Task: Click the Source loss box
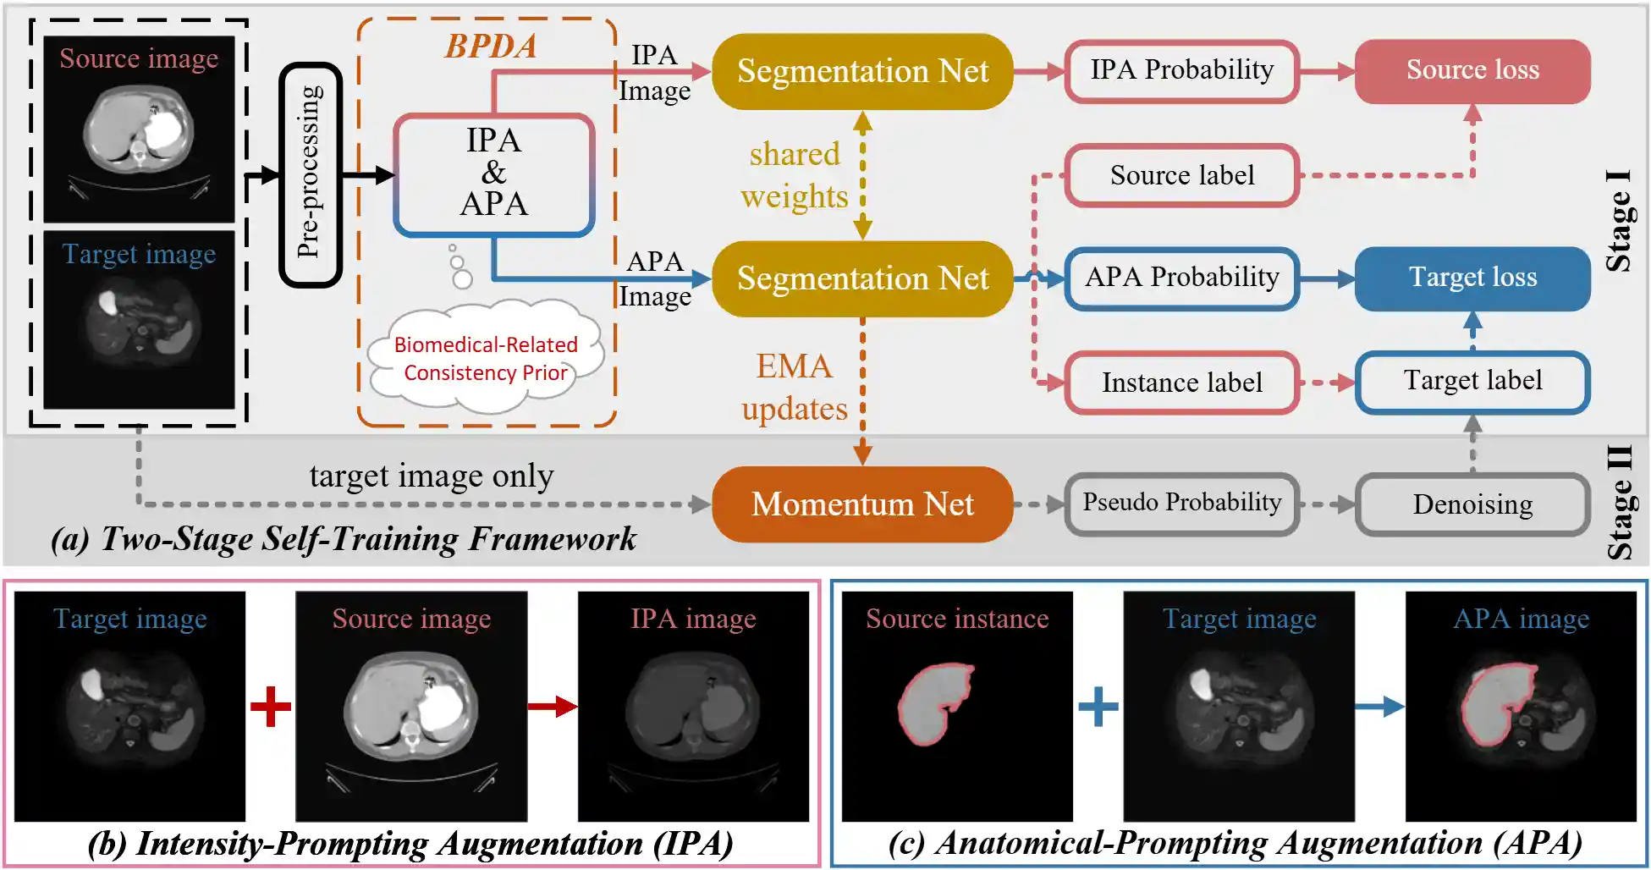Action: (x=1472, y=71)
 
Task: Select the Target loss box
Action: (x=1472, y=278)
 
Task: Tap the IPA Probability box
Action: (x=1181, y=71)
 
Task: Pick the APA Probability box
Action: (x=1181, y=278)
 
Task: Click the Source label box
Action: (x=1181, y=175)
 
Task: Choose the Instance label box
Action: (x=1181, y=383)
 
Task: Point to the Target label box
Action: (x=1472, y=382)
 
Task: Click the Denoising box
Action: (x=1472, y=504)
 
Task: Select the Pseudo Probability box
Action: (x=1181, y=504)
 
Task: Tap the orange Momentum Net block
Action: (x=861, y=504)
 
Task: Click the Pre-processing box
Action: (x=311, y=174)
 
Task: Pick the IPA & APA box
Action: (x=493, y=174)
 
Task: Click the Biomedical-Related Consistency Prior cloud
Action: (x=486, y=359)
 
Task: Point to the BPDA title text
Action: (x=491, y=46)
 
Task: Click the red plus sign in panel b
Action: (x=271, y=706)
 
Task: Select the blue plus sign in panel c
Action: (x=1098, y=706)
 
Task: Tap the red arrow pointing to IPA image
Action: (x=552, y=706)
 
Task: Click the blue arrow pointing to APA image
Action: (x=1379, y=706)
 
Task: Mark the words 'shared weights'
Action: (x=794, y=175)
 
